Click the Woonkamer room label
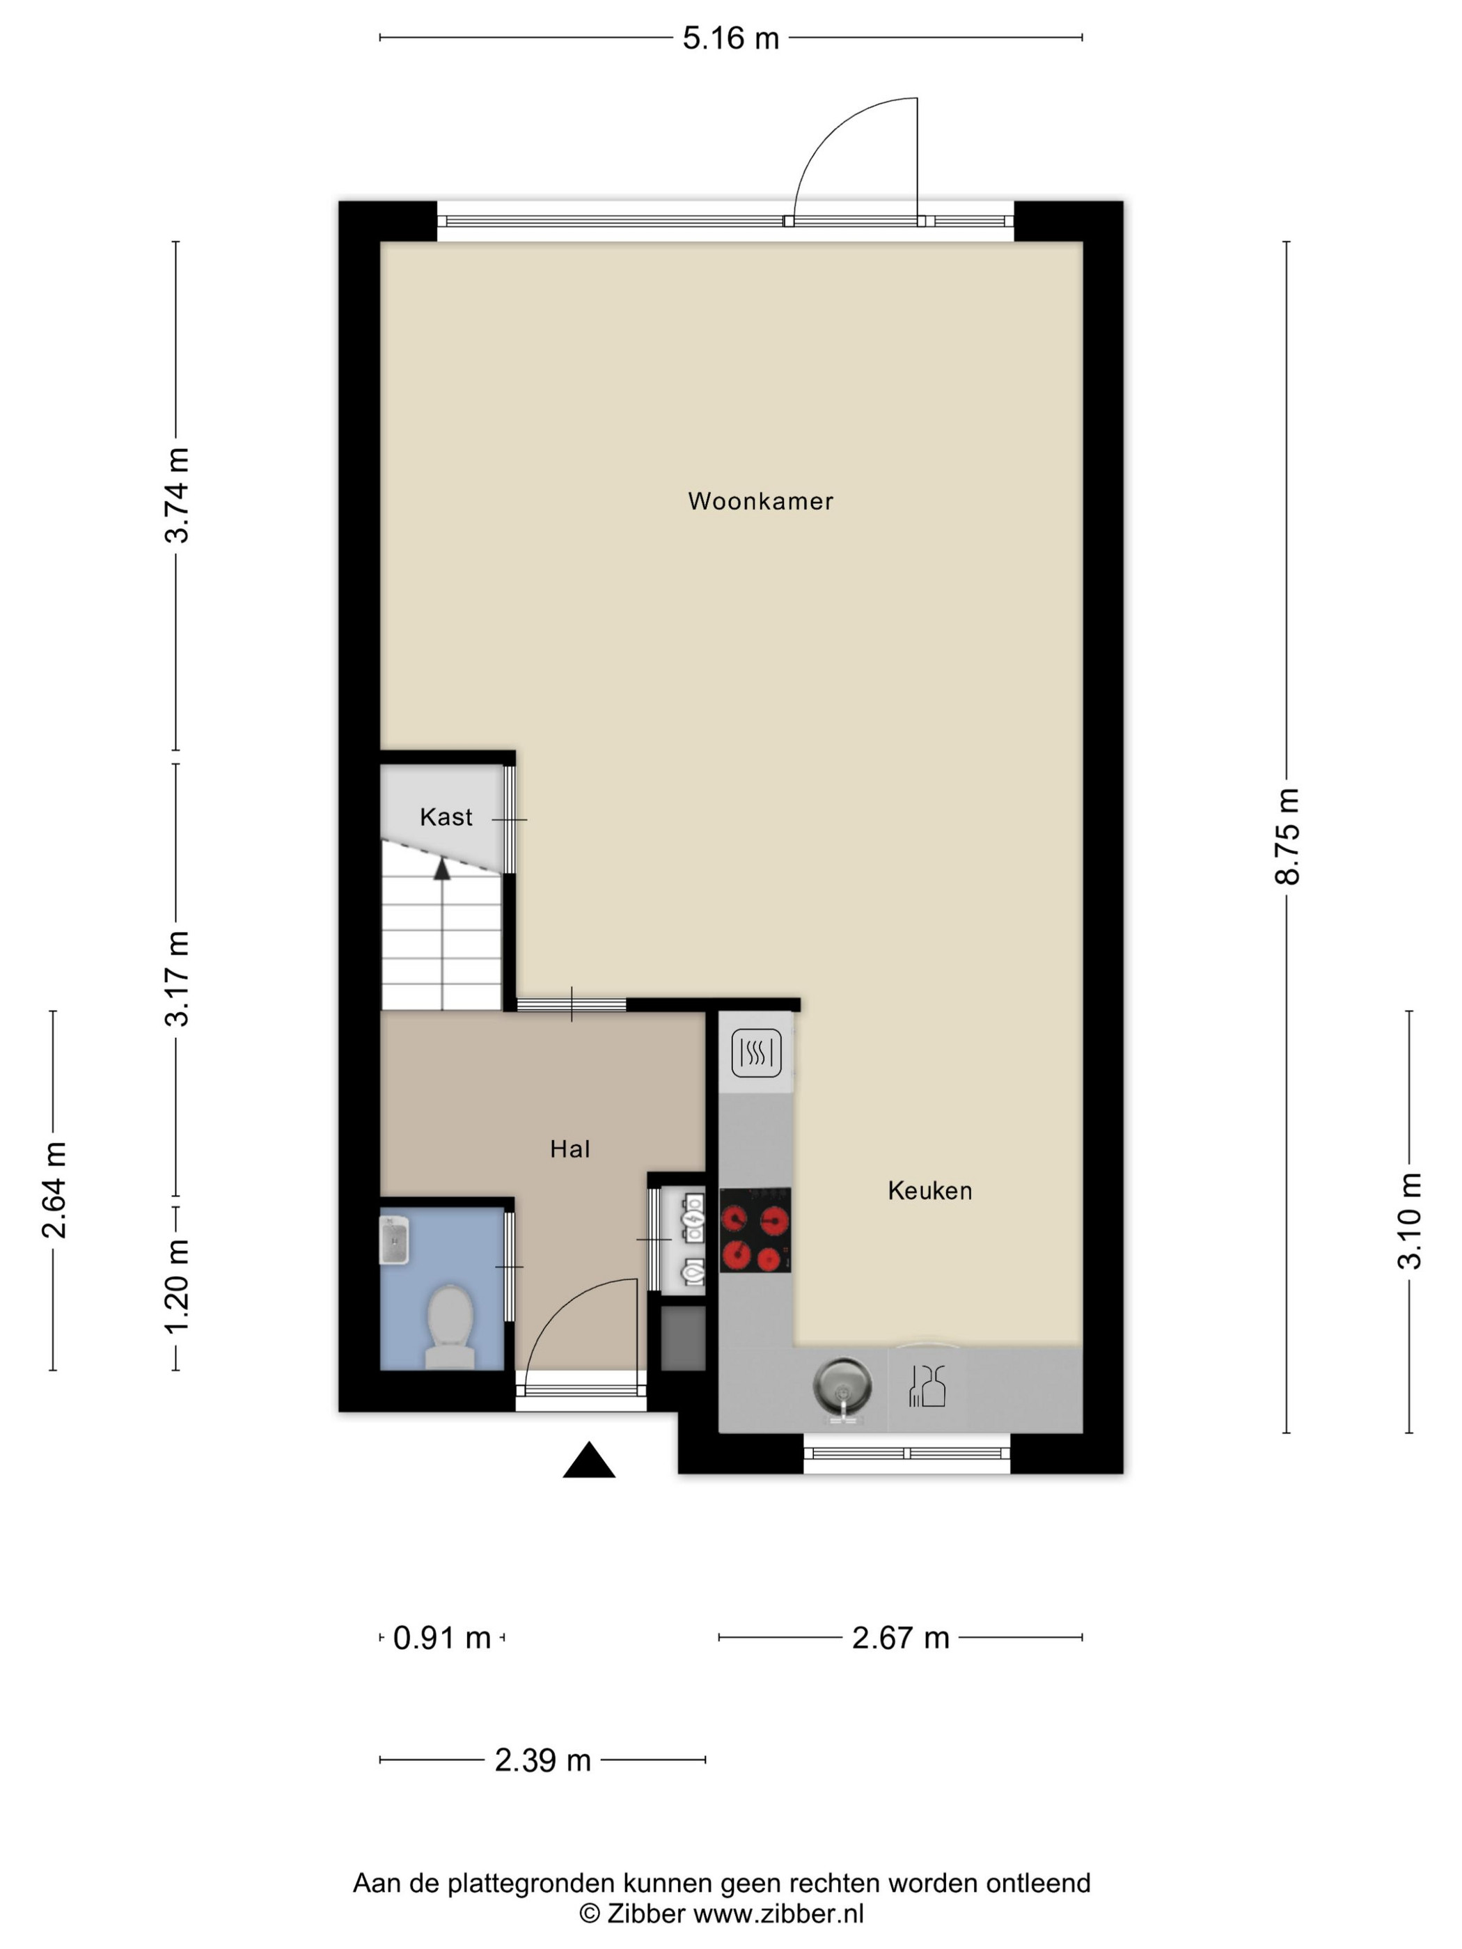tap(760, 501)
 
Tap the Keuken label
tap(929, 1190)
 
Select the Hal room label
tap(569, 1149)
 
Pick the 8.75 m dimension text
tap(1287, 836)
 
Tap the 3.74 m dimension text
tap(177, 495)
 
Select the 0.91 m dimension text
tap(441, 1638)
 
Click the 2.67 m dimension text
tap(901, 1638)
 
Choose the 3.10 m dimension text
tap(1409, 1221)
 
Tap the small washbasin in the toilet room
tap(394, 1240)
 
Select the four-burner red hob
tap(755, 1230)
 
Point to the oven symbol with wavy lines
tap(756, 1053)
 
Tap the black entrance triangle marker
tap(589, 1460)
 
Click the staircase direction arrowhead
tap(441, 869)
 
